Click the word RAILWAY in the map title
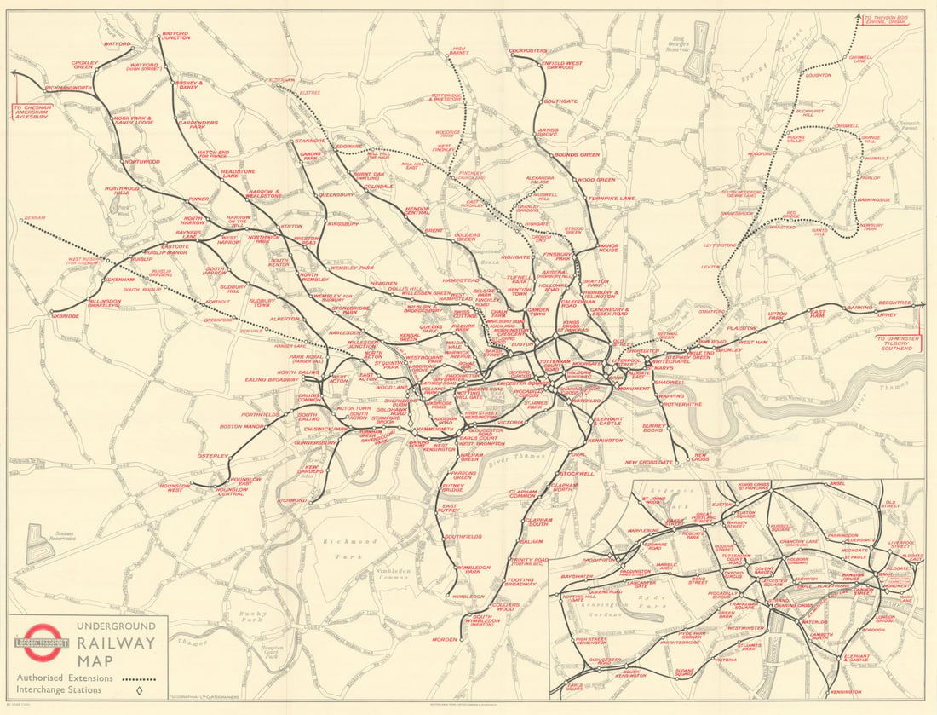(x=119, y=643)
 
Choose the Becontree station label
(x=894, y=303)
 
